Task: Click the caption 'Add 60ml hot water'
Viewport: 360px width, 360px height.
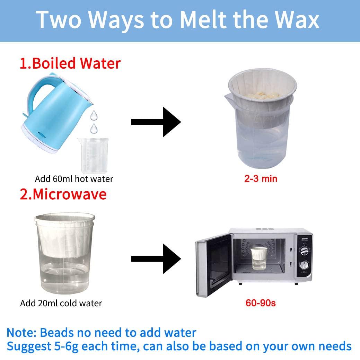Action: [x=74, y=179]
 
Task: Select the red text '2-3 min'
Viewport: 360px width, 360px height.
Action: [x=260, y=179]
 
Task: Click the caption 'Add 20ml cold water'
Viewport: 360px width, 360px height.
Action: [x=61, y=303]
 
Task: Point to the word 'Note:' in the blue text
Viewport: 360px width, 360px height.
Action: [x=21, y=333]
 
